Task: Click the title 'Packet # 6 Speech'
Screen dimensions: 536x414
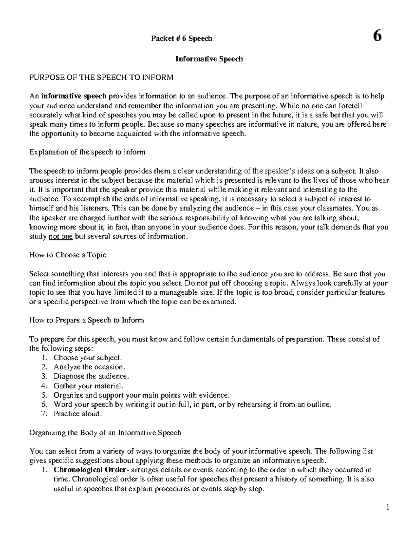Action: [x=181, y=39]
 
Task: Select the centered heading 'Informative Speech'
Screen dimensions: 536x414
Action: [x=209, y=59]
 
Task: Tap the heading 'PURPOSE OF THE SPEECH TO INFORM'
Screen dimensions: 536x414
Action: [x=101, y=77]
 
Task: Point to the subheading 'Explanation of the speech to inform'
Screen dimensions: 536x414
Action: [x=87, y=152]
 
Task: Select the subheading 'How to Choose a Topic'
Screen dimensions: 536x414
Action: [x=68, y=255]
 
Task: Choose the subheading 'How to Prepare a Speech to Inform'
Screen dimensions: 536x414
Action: [x=87, y=320]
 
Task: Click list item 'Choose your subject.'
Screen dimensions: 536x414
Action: [x=87, y=358]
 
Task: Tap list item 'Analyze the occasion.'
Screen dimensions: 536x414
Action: [x=89, y=367]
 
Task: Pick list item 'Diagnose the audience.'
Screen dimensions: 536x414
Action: [x=91, y=376]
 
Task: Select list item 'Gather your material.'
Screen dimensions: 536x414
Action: [x=88, y=386]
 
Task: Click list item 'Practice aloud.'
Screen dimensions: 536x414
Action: [x=78, y=413]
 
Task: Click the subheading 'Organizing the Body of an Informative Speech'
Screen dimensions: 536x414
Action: [x=105, y=432]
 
